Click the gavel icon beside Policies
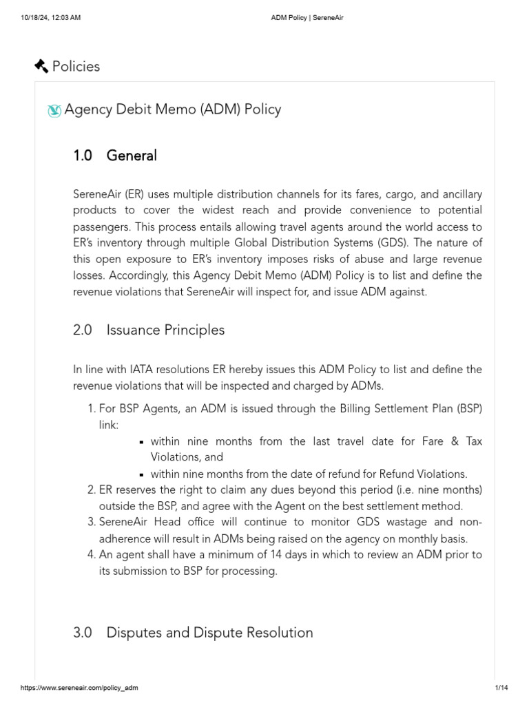[x=41, y=66]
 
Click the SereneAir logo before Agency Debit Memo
[x=54, y=110]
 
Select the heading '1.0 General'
[x=115, y=156]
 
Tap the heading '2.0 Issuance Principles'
[x=149, y=330]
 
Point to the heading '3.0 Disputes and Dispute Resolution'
[x=193, y=632]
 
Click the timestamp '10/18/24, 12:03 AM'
[x=50, y=18]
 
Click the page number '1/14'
[x=501, y=688]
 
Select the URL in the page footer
[x=74, y=688]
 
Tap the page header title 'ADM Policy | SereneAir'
[x=307, y=18]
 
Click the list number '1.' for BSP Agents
[x=91, y=408]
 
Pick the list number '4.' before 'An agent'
[x=91, y=554]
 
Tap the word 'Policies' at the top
[x=76, y=66]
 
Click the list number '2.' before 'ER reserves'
[x=91, y=490]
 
